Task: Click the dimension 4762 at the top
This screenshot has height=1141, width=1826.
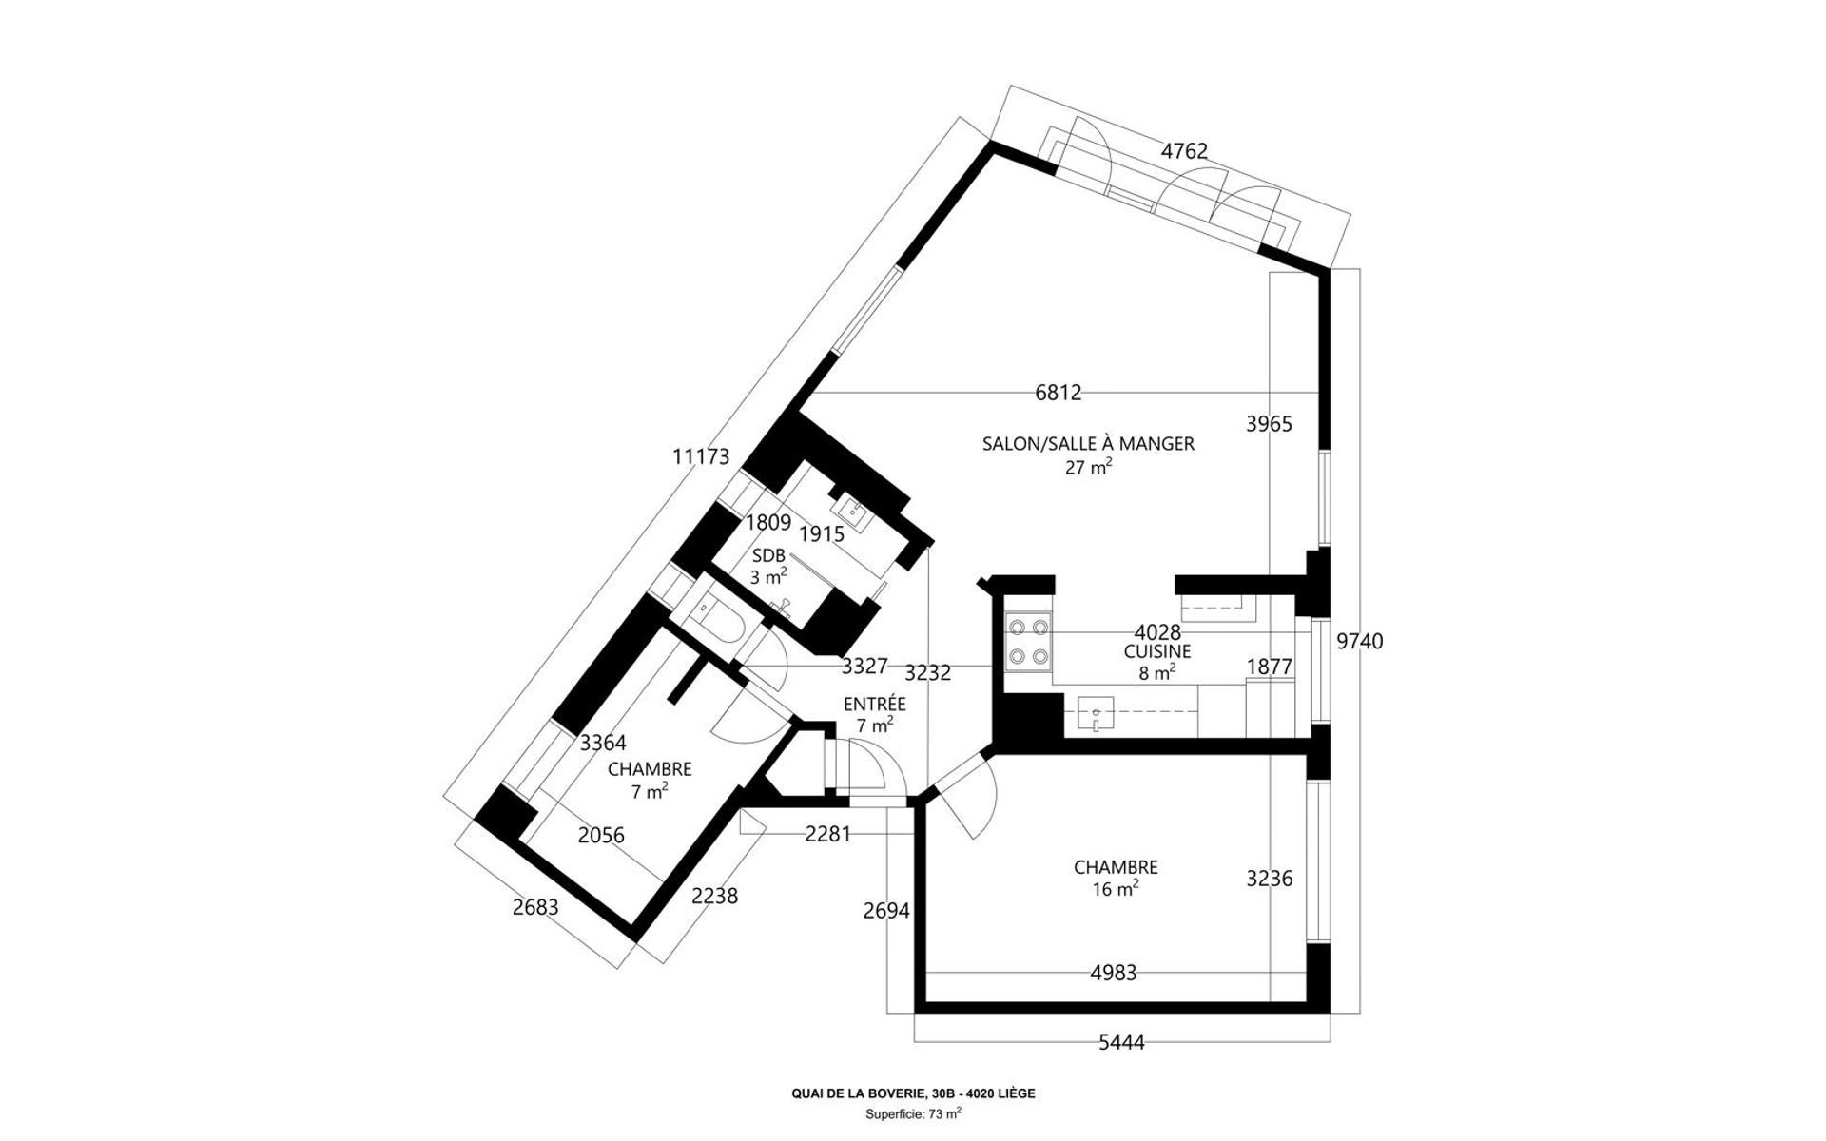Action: (1184, 150)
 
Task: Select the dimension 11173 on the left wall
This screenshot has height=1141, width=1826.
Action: (701, 456)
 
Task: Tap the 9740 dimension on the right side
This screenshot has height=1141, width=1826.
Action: (1360, 642)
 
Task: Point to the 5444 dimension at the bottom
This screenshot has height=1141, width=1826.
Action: (1121, 1042)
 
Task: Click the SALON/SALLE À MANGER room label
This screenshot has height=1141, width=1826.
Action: (1088, 443)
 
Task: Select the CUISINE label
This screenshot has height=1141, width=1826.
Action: (1157, 651)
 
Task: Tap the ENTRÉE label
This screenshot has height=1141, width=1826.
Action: (875, 704)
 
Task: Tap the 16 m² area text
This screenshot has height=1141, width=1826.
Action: (1116, 889)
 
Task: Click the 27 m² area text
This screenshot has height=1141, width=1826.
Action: (1088, 467)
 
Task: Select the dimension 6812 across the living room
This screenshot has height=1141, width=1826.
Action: (1059, 392)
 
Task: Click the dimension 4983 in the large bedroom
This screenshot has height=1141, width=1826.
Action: (1113, 973)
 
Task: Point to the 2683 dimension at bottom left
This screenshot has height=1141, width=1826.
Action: (535, 907)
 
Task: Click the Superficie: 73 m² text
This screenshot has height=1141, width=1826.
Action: (913, 1113)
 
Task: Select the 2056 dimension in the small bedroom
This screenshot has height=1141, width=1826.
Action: (601, 835)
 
